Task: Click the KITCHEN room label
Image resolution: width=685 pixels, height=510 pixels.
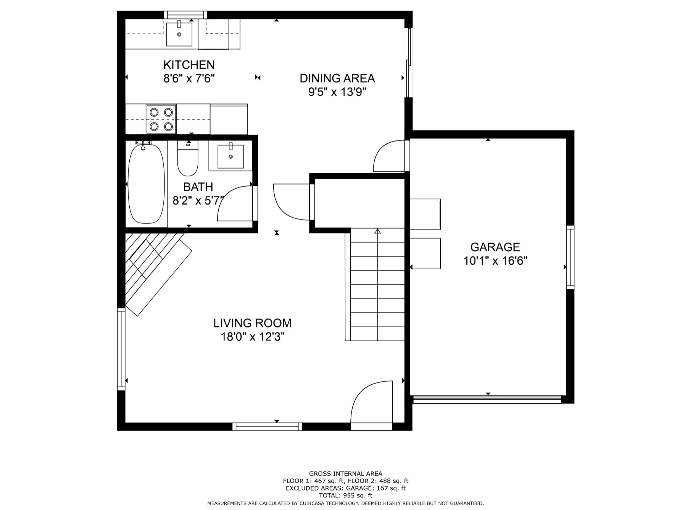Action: click(189, 65)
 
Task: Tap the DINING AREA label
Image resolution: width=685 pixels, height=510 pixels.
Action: click(337, 78)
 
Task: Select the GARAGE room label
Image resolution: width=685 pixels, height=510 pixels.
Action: click(495, 247)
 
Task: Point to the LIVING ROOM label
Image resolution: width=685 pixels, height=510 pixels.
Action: click(252, 323)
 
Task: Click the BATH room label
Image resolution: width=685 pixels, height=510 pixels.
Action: click(198, 187)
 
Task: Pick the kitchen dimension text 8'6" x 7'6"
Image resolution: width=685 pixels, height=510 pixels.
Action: click(189, 79)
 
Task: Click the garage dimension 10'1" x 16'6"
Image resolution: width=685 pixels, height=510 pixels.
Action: click(495, 261)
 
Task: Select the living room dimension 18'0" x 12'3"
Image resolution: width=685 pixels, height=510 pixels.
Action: click(253, 337)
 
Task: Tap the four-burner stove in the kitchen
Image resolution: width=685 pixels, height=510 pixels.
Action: click(161, 119)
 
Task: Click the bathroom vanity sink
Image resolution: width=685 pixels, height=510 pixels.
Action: click(230, 156)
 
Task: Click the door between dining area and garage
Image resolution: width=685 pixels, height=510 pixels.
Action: click(382, 149)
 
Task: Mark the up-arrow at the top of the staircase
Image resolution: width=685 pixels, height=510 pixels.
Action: click(377, 231)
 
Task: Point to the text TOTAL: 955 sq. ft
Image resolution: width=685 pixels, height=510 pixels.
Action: click(346, 495)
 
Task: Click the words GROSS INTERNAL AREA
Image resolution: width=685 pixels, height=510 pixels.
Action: click(346, 474)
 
